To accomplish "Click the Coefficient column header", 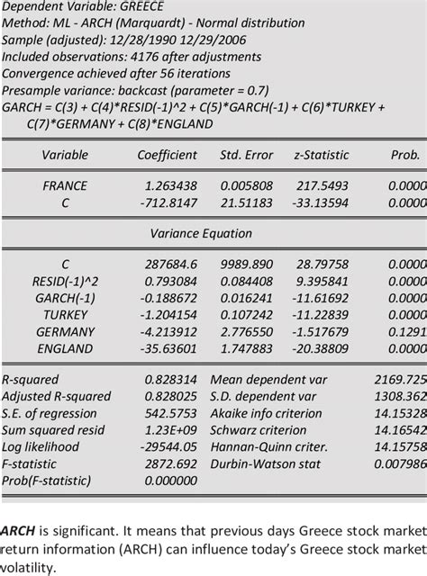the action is (167, 155).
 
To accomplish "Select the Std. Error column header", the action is (244, 155).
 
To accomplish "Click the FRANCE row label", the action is (65, 185).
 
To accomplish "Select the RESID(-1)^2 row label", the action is (65, 282).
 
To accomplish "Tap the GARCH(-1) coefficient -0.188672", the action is (171, 298).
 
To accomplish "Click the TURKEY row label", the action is (65, 314).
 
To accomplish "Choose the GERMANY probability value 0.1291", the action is (407, 330).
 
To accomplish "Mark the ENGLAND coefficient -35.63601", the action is (171, 347).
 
